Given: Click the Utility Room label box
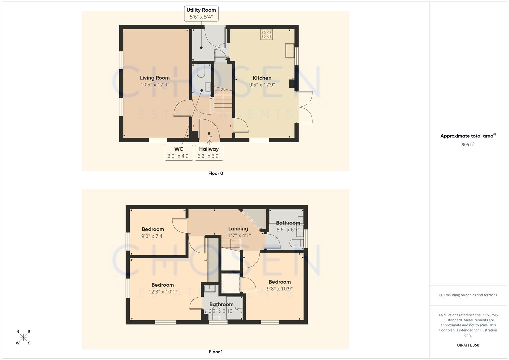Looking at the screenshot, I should (201, 13).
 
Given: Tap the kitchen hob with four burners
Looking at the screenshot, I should (267, 34).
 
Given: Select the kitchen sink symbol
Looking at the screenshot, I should (289, 51).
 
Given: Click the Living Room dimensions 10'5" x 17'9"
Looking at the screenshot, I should (155, 85).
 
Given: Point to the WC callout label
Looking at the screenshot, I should (179, 152).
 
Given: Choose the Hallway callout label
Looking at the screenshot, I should (209, 152).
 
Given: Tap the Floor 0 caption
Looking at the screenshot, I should (216, 173).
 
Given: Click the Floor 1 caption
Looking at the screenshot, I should (216, 352).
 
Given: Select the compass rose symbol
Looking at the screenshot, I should (23, 337).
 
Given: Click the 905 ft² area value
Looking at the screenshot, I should (468, 145).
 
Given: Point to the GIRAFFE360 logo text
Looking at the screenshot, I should (468, 345).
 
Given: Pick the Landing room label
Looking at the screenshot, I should (238, 229).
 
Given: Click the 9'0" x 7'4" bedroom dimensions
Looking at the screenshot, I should (153, 236).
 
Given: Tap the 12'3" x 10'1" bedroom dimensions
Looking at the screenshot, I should (163, 292).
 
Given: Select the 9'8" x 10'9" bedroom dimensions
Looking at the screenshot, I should (280, 289).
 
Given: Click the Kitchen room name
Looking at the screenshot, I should (262, 78).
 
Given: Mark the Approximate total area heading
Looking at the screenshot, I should (468, 136).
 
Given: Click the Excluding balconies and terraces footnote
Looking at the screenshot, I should (468, 295).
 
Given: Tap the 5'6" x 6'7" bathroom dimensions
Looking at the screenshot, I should (288, 230).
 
